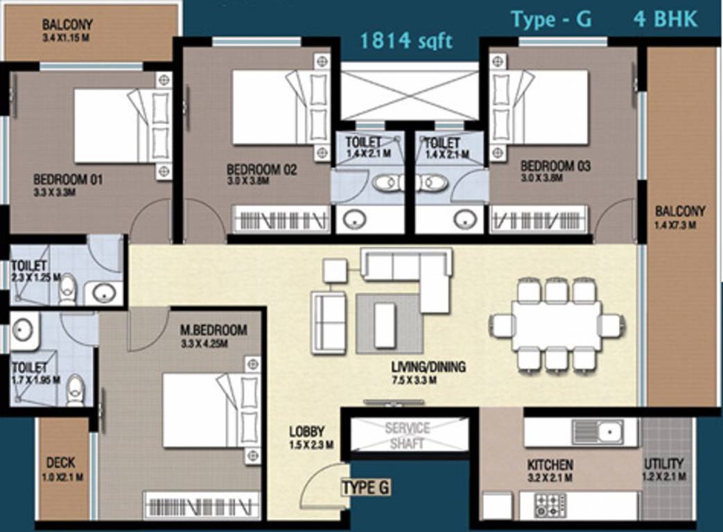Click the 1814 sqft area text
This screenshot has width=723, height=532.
tap(406, 41)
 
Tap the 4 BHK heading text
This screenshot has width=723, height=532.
tap(665, 19)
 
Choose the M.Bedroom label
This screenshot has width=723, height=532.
tap(213, 330)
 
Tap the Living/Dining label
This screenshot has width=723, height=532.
tap(428, 367)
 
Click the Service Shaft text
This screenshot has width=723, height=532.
tap(407, 436)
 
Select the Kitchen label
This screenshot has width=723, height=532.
tap(550, 464)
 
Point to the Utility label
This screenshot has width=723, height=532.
tap(664, 464)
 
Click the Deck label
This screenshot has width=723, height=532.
tap(61, 463)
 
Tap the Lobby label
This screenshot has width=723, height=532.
tap(307, 432)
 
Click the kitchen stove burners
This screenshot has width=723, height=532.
tap(550, 504)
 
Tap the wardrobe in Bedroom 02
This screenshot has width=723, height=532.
tap(281, 221)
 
